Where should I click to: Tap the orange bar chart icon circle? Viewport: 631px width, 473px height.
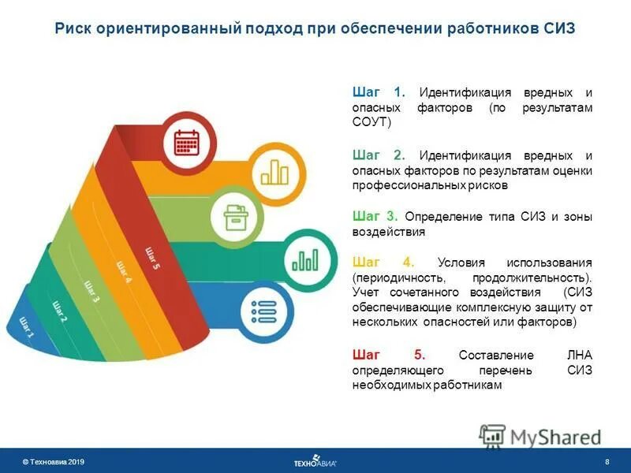(274, 170)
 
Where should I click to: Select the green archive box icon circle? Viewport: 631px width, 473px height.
(235, 217)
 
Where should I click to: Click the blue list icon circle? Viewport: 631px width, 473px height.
(262, 311)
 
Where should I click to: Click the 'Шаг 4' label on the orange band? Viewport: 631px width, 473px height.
(123, 272)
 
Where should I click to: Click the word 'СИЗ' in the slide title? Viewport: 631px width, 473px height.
(560, 29)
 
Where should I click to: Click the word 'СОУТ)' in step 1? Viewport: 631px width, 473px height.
(372, 121)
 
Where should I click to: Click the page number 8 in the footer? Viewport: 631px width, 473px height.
(607, 461)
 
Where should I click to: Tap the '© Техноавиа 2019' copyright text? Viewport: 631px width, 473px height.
(53, 461)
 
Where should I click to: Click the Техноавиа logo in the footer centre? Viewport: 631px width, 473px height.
(315, 461)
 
